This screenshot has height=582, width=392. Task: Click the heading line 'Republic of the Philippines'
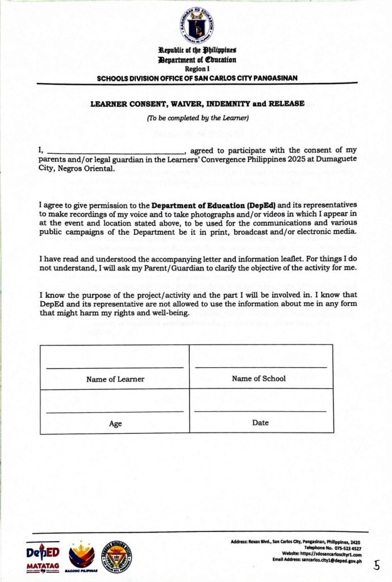197,51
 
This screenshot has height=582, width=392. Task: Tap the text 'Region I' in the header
197,68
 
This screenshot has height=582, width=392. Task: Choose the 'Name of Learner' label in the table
115,379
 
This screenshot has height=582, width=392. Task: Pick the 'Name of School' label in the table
258,379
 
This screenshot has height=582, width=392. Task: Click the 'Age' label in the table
115,423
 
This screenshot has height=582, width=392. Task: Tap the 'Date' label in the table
261,423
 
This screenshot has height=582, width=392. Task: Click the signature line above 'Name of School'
261,368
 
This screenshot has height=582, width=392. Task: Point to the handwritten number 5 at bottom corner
377,565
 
